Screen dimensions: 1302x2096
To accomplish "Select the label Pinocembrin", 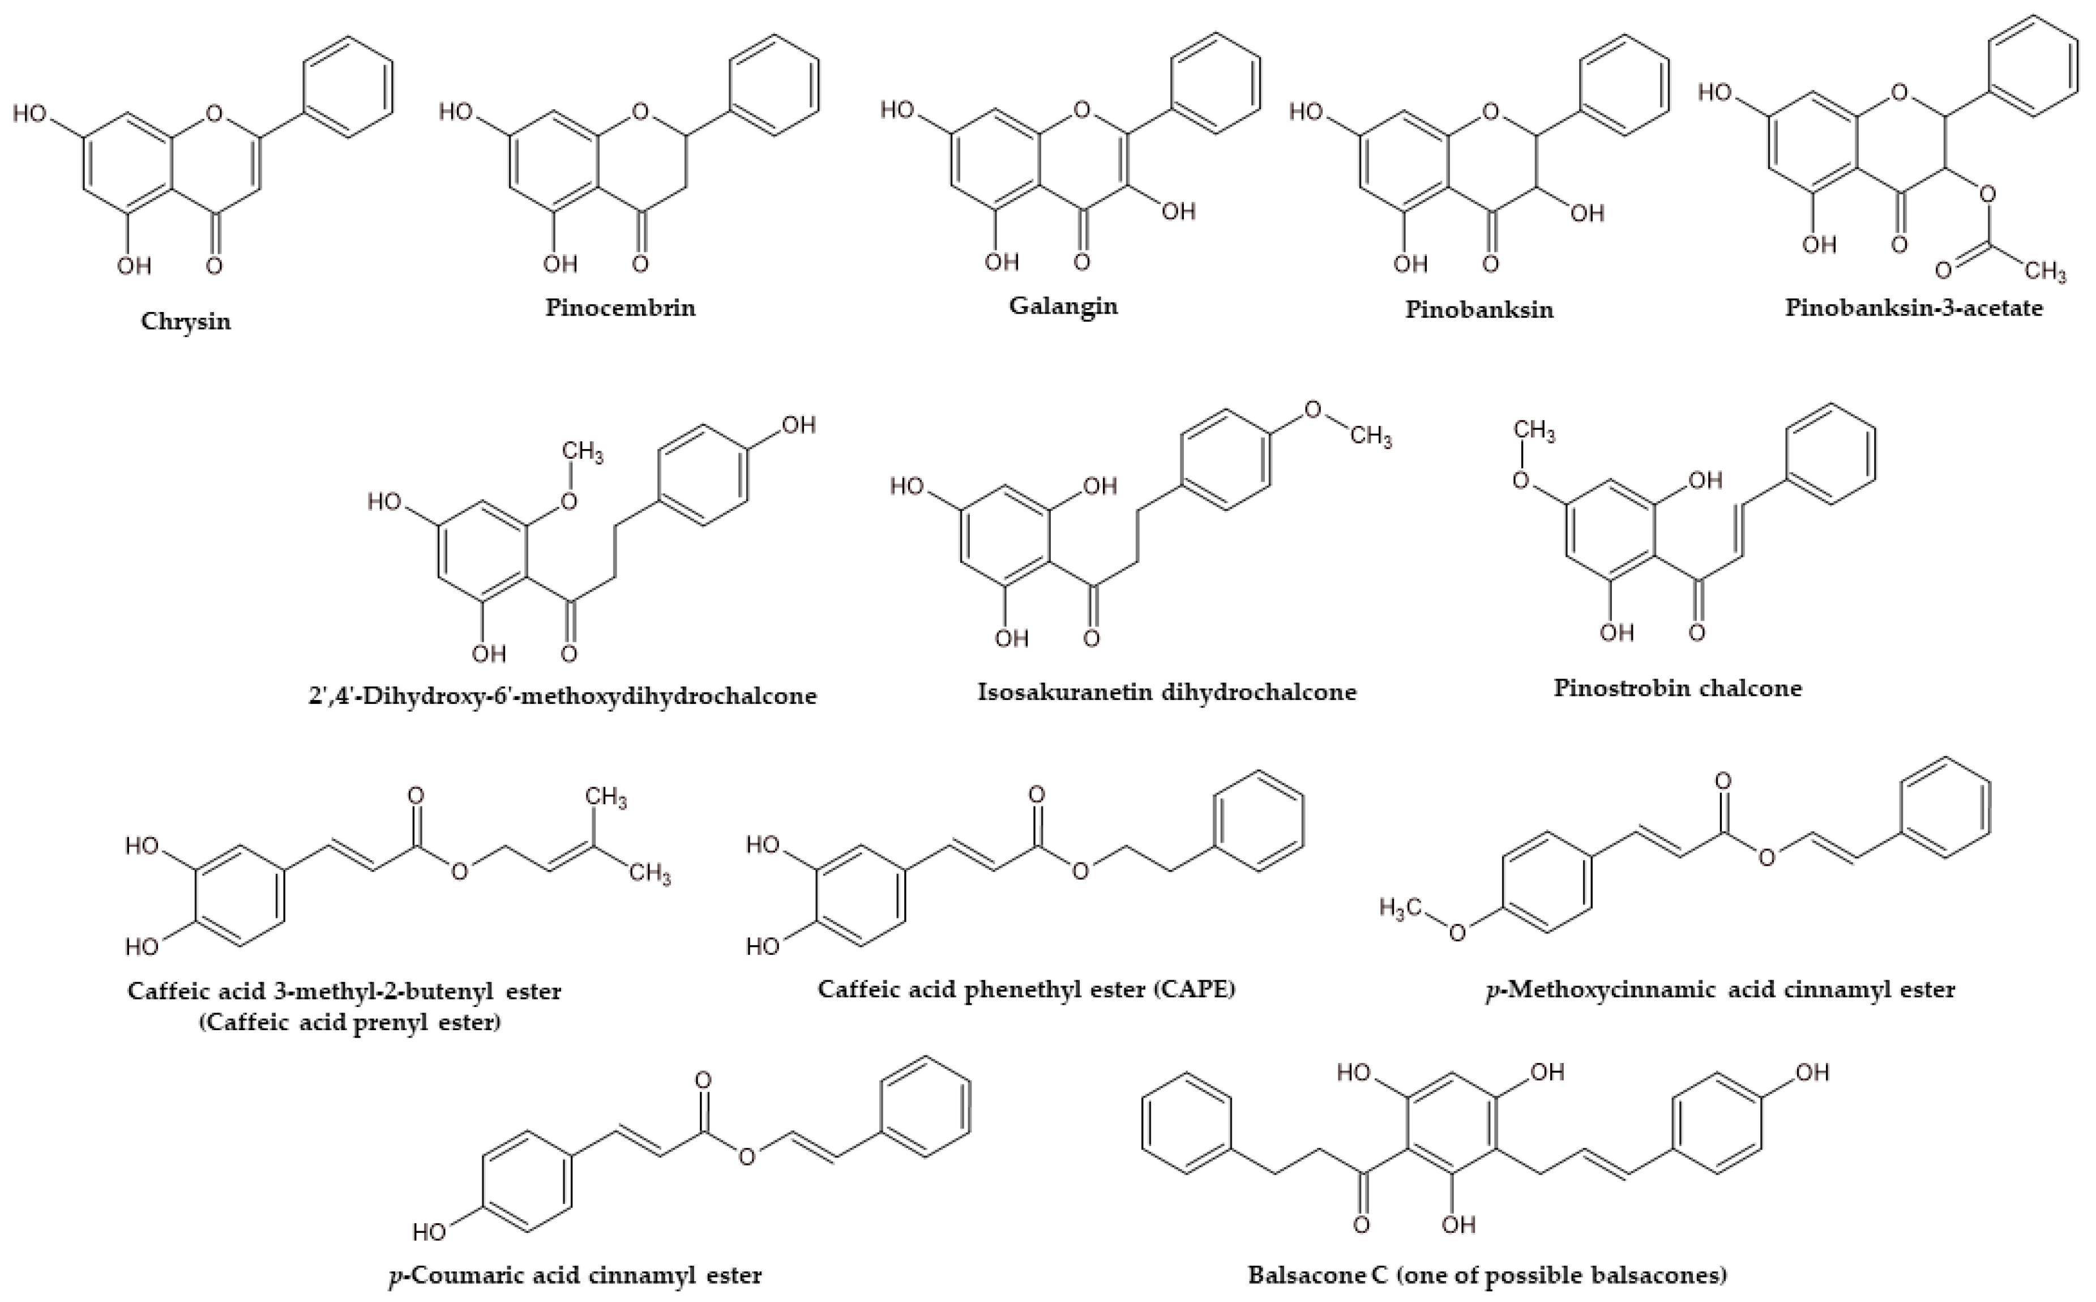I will (x=620, y=308).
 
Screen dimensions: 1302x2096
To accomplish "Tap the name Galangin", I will (x=1063, y=306).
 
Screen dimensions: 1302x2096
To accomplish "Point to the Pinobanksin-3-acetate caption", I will (x=1913, y=308).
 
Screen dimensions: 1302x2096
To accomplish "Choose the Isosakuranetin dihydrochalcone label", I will (x=1166, y=691).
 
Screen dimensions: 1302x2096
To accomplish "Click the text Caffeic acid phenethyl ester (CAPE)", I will (x=1026, y=989).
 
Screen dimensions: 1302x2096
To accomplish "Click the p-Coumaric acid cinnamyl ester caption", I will (x=575, y=1274).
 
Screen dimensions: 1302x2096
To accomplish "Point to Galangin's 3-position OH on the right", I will (x=1178, y=211).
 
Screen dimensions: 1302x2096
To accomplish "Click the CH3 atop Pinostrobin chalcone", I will (x=1534, y=430).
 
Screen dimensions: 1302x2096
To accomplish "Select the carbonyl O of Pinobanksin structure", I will (x=1490, y=263).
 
